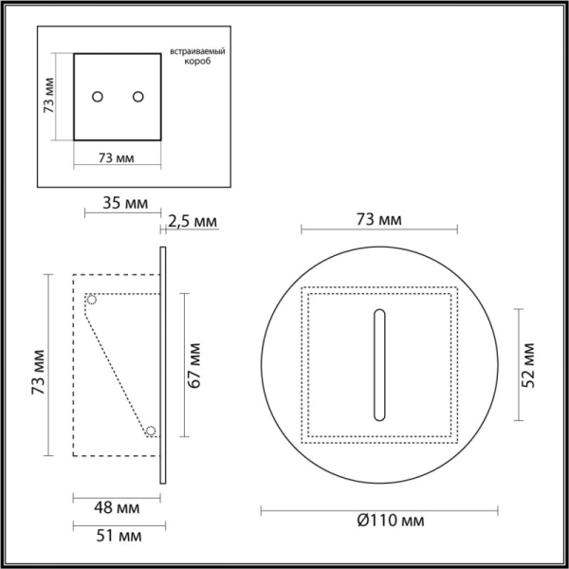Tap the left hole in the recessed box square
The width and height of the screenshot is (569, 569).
pyautogui.click(x=97, y=96)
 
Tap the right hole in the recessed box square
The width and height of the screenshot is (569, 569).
pyautogui.click(x=138, y=96)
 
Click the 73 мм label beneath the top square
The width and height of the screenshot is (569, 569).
pyautogui.click(x=116, y=156)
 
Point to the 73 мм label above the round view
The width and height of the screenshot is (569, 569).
pyautogui.click(x=378, y=219)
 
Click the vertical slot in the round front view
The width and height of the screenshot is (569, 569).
pyautogui.click(x=379, y=364)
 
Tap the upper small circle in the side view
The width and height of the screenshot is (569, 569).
pyautogui.click(x=92, y=300)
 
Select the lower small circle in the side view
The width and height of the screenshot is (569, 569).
pyautogui.click(x=150, y=431)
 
